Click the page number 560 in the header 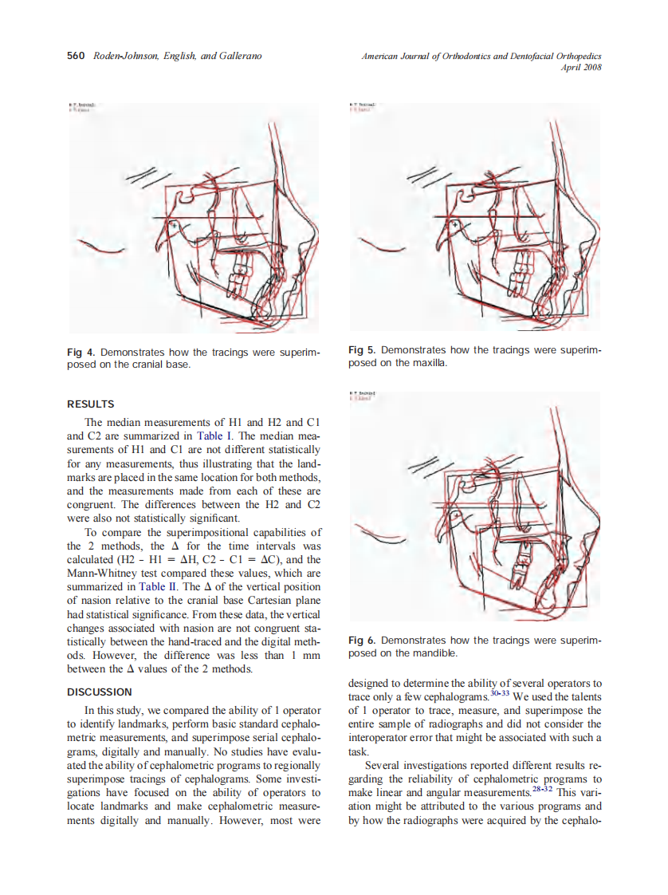click(76, 56)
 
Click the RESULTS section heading click(90, 404)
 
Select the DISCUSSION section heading click(100, 692)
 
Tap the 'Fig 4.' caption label click(81, 352)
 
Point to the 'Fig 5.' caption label click(363, 350)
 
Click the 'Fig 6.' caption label click(363, 641)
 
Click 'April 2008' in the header click(582, 67)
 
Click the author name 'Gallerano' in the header click(235, 56)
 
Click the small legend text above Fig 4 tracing click(81, 106)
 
